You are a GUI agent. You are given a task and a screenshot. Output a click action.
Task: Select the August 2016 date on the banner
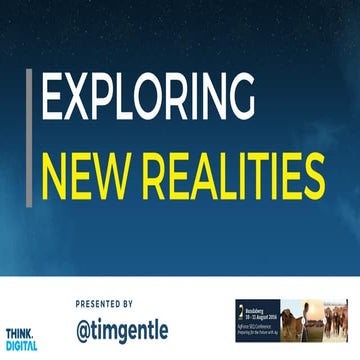pos(261,312)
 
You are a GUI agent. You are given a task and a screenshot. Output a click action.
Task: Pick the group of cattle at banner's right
pos(338,322)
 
